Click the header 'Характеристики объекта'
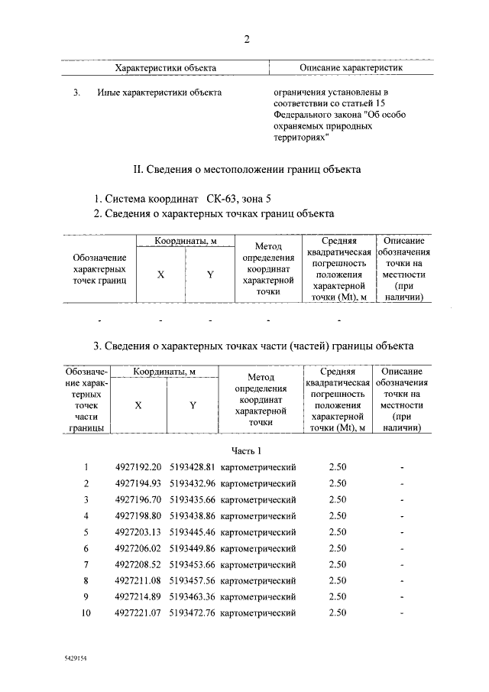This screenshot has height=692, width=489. pyautogui.click(x=165, y=68)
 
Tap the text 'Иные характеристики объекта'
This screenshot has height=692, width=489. pyautogui.click(x=159, y=93)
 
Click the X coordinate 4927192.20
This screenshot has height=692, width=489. pyautogui.click(x=138, y=467)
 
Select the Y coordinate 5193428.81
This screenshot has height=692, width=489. pyautogui.click(x=193, y=467)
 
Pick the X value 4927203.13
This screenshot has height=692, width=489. pyautogui.click(x=138, y=532)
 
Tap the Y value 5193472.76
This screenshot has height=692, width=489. pyautogui.click(x=193, y=612)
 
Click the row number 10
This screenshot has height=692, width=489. pyautogui.click(x=86, y=612)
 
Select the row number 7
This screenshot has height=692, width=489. pyautogui.click(x=86, y=564)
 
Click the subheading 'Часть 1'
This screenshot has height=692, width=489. pyautogui.click(x=245, y=450)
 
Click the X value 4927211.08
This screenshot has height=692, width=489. pyautogui.click(x=138, y=580)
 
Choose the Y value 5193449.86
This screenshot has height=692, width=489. pyautogui.click(x=193, y=548)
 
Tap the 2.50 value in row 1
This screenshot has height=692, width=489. pyautogui.click(x=337, y=467)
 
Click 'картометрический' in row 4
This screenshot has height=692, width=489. pyautogui.click(x=257, y=516)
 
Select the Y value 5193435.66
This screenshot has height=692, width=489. pyautogui.click(x=193, y=500)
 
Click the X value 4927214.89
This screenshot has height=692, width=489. pyautogui.click(x=138, y=596)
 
